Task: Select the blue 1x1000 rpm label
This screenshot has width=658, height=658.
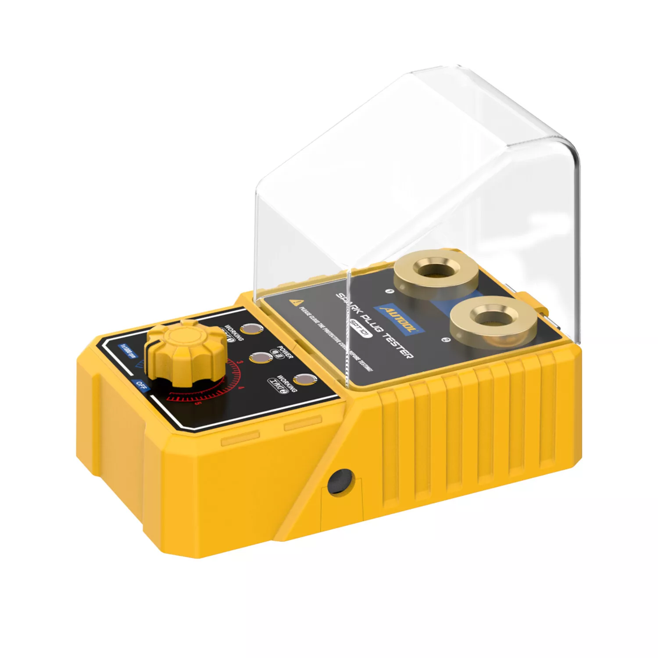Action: coord(129,351)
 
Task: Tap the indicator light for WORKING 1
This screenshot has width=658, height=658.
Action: coord(250,329)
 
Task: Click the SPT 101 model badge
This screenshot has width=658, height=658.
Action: coord(361,329)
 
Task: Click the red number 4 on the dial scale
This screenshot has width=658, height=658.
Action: coord(240,388)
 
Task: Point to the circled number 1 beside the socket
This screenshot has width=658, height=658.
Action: coord(388,291)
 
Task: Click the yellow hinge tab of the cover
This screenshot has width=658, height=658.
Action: coord(537,302)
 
